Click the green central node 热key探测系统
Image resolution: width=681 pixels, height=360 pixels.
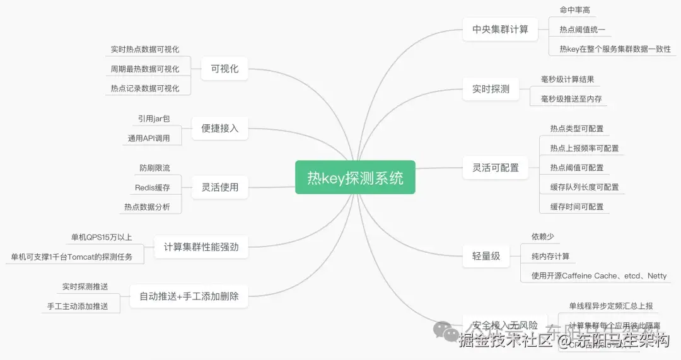[355, 177]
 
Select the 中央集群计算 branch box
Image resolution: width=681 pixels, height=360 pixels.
[500, 29]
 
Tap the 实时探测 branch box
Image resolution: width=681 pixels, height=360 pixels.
[491, 89]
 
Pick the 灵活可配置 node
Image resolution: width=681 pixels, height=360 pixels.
[496, 168]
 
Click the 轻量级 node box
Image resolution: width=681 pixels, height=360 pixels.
[486, 256]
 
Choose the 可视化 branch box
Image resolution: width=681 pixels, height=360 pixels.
[224, 69]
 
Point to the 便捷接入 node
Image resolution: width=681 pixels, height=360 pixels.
[219, 128]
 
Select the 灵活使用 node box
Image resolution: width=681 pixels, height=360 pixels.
[219, 187]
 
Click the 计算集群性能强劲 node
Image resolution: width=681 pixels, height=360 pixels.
[201, 247]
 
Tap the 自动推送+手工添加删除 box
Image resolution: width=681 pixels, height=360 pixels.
[189, 296]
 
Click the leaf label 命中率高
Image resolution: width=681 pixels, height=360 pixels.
[574, 9]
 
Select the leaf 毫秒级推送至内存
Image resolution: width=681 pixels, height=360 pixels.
[571, 99]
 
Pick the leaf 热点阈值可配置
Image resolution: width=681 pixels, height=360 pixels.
[576, 168]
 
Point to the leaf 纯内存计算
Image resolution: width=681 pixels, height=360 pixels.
[550, 256]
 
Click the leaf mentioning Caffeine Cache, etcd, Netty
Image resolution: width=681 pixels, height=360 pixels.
[598, 276]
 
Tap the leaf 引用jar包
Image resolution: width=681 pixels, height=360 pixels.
[154, 119]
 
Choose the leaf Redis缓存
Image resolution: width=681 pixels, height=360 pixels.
[152, 187]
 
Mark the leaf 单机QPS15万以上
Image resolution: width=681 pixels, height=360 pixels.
[102, 237]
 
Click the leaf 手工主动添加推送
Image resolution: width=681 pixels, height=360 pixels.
[78, 306]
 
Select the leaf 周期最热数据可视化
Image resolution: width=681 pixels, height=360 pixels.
[144, 69]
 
